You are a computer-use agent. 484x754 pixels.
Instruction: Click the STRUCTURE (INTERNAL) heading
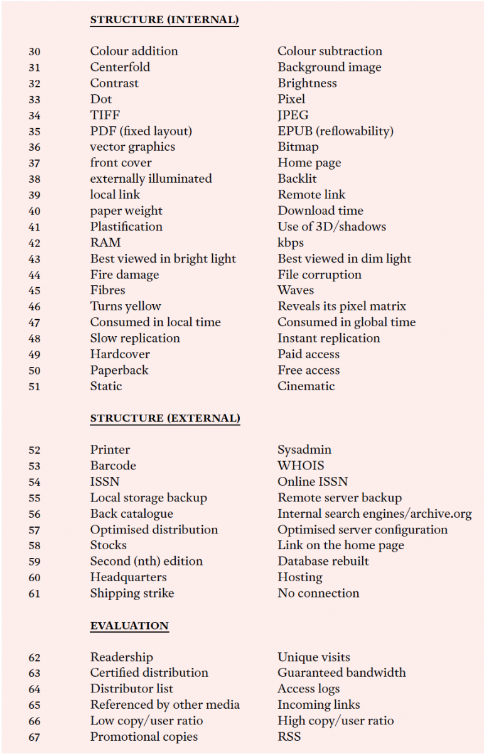click(x=164, y=20)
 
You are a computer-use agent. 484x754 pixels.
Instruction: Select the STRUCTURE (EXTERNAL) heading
click(x=165, y=418)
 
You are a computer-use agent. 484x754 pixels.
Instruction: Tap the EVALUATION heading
click(x=129, y=626)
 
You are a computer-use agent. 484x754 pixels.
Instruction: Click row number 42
click(x=35, y=243)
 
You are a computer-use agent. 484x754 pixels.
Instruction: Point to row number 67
click(x=35, y=737)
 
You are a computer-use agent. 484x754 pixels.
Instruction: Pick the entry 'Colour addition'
click(x=134, y=51)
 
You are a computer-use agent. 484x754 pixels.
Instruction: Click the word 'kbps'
click(x=291, y=243)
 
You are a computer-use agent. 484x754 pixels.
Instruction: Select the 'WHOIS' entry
click(x=301, y=466)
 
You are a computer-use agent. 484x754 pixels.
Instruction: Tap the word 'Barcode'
click(x=113, y=466)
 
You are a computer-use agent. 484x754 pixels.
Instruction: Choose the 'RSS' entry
click(x=289, y=736)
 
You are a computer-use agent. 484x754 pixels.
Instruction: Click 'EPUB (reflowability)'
click(x=335, y=131)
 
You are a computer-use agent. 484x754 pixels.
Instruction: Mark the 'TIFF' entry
click(x=105, y=115)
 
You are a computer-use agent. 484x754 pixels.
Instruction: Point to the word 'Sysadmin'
click(x=304, y=450)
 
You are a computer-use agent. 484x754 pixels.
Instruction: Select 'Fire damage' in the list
click(x=124, y=275)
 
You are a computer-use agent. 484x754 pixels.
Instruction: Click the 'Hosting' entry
click(x=300, y=577)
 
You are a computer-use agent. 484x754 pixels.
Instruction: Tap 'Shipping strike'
click(x=132, y=593)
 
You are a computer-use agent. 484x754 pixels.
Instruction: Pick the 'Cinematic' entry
click(x=306, y=386)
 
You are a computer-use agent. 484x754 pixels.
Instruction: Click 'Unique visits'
click(x=314, y=657)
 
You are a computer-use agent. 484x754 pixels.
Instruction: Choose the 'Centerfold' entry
click(x=120, y=67)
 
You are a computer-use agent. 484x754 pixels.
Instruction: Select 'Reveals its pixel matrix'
click(x=342, y=307)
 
